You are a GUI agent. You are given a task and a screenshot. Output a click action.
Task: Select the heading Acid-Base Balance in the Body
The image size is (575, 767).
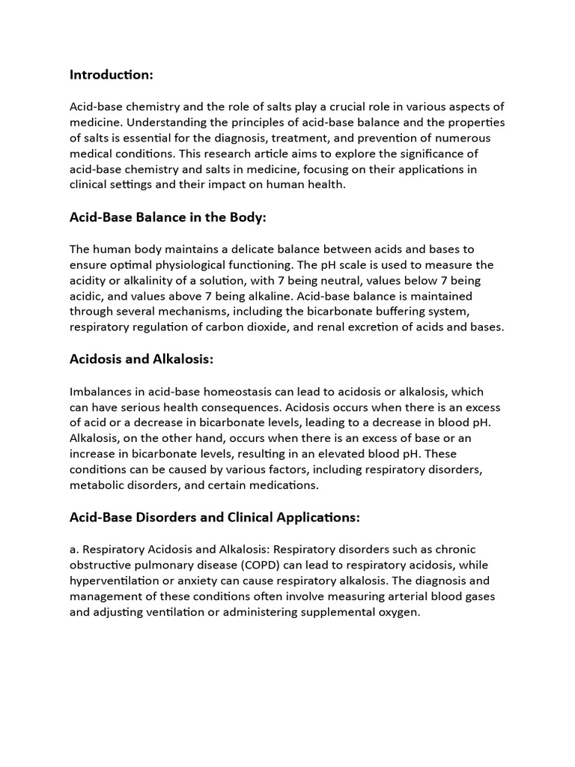168,217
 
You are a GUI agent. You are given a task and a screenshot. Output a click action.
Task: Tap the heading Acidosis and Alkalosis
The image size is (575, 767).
142,360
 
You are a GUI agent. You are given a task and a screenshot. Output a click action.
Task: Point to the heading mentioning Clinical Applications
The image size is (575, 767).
215,517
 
